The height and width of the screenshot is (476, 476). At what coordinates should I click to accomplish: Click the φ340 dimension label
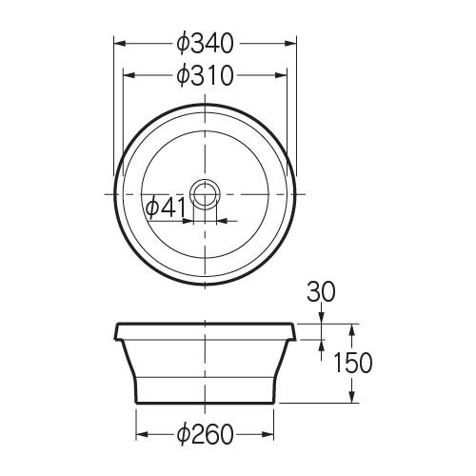pyautogui.click(x=206, y=44)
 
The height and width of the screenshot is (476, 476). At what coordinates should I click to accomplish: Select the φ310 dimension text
pyautogui.click(x=206, y=75)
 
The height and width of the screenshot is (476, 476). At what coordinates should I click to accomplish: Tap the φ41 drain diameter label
pyautogui.click(x=166, y=208)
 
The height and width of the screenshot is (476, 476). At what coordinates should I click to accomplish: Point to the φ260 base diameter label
pyautogui.click(x=206, y=434)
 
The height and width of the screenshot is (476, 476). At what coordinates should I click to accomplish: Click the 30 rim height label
pyautogui.click(x=321, y=291)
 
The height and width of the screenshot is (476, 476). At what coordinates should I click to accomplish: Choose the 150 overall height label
pyautogui.click(x=353, y=363)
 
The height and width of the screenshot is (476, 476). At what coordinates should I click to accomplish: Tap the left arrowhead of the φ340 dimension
pyautogui.click(x=120, y=44)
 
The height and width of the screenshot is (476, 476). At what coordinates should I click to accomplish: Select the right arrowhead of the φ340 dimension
pyautogui.click(x=290, y=44)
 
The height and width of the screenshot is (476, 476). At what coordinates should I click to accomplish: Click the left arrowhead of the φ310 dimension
pyautogui.click(x=129, y=75)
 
